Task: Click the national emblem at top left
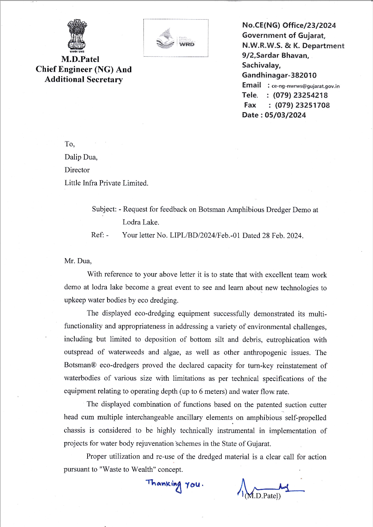77,35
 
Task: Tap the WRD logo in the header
176,38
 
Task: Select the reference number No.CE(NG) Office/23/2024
289,25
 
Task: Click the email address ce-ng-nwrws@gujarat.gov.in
305,86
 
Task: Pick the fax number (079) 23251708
302,105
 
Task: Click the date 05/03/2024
285,115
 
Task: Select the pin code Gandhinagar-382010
279,75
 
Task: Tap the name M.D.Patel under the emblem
80,59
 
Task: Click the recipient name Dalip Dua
81,157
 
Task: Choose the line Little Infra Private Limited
106,183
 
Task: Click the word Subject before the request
104,209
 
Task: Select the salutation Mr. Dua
78,261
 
